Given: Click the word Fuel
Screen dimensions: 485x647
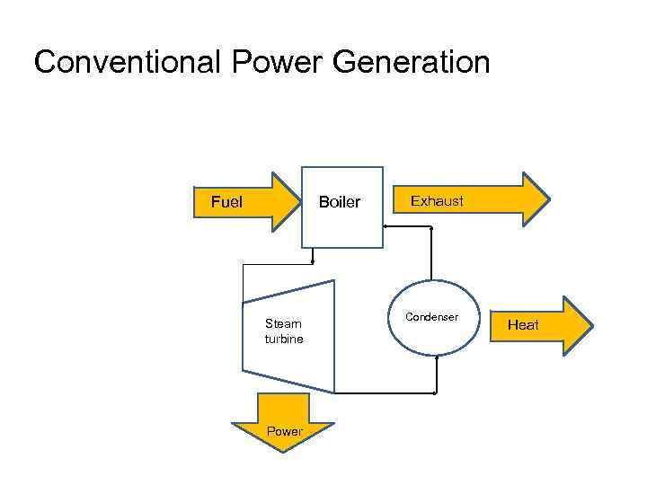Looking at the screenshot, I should click(226, 202).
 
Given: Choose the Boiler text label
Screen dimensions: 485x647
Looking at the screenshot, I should click(340, 202).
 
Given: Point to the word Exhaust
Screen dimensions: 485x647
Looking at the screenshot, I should click(437, 201).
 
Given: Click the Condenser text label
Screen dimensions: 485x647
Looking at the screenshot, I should click(431, 317).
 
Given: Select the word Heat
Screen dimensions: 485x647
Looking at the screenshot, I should click(523, 325).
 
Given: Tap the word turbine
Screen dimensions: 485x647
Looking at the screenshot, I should click(284, 339).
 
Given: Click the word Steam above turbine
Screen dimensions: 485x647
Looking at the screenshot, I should click(283, 324).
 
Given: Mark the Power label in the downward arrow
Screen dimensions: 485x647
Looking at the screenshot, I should click(284, 432).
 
